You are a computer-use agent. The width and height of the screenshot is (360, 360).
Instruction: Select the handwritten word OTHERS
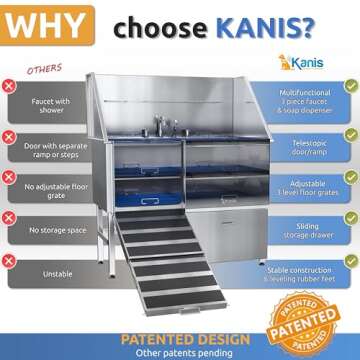coord(45,69)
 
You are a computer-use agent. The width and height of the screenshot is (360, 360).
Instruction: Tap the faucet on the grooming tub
coord(163,125)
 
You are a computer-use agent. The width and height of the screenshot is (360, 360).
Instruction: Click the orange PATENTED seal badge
coord(319,319)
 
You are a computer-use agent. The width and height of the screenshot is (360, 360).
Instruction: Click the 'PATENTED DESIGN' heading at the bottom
coord(179,338)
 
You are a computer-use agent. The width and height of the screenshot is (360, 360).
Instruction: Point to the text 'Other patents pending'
coord(179,352)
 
